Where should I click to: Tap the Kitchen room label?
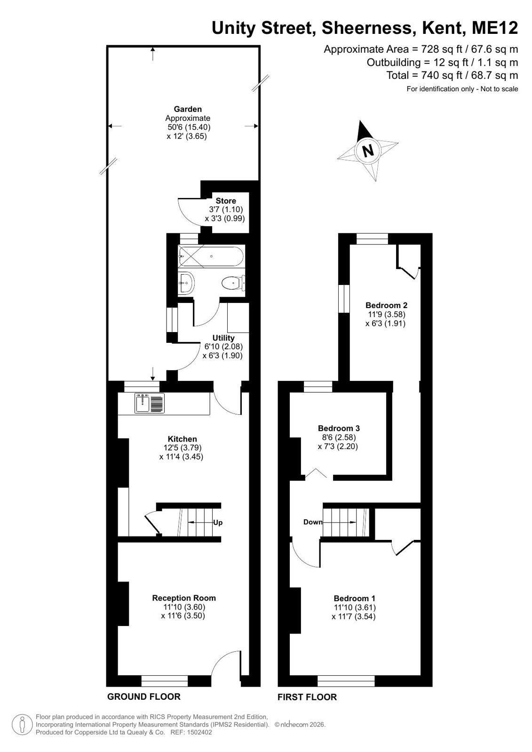[183, 439]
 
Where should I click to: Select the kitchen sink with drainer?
[150, 403]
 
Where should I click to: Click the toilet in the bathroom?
[234, 283]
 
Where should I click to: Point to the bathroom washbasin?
[186, 283]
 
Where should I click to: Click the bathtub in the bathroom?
[211, 256]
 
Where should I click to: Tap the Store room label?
[226, 201]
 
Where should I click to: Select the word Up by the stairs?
[218, 522]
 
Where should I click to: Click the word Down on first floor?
[313, 522]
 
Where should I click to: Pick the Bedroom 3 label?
[339, 428]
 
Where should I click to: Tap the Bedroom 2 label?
[386, 305]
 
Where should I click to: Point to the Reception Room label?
[184, 598]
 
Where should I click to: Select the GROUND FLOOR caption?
[144, 697]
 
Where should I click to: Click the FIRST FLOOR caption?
[307, 697]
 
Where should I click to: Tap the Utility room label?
[223, 338]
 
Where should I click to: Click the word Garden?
[188, 109]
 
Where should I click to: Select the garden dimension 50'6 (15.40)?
[189, 127]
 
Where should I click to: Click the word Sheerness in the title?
[367, 28]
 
